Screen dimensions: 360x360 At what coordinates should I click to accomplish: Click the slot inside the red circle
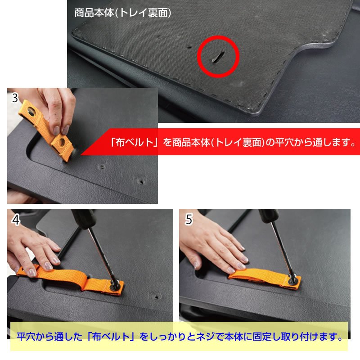pyautogui.click(x=217, y=56)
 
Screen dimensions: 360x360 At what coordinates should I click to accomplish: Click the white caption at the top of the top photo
pyautogui.click(x=122, y=13)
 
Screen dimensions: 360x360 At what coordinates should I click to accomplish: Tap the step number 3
pyautogui.click(x=15, y=98)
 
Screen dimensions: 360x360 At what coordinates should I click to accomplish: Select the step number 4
pyautogui.click(x=16, y=220)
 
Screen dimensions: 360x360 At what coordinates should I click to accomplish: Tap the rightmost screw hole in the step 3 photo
pyautogui.click(x=142, y=182)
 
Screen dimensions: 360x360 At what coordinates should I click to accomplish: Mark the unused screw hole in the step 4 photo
pyautogui.click(x=157, y=297)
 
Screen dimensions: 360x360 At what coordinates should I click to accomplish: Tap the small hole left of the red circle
pyautogui.click(x=190, y=46)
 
